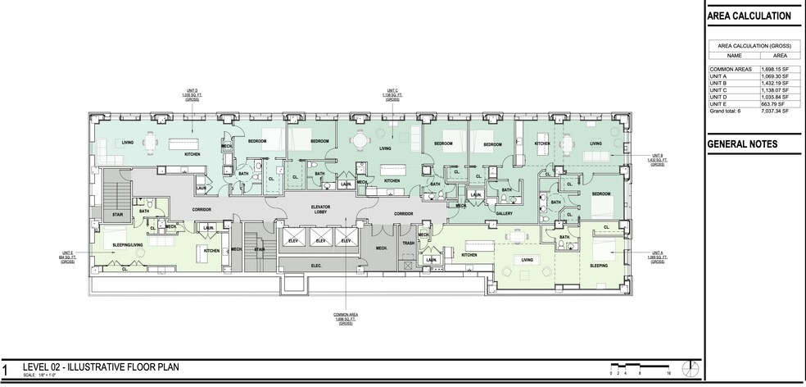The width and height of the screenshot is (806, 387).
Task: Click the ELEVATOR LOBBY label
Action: (320, 210)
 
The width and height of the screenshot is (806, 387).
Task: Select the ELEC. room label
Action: (315, 266)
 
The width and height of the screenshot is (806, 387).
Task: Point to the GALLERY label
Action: (504, 213)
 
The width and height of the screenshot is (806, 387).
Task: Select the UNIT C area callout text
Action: (391, 95)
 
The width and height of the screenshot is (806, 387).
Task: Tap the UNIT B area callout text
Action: (658, 159)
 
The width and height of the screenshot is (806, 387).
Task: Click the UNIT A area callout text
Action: (658, 257)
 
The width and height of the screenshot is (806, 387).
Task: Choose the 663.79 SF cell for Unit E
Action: (775, 104)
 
